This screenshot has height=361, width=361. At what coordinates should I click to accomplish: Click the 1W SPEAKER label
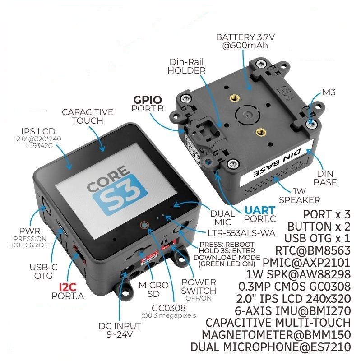(x=299, y=195)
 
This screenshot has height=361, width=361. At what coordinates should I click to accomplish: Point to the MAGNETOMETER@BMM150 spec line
(x=276, y=335)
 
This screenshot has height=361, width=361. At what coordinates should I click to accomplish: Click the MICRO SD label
(x=153, y=290)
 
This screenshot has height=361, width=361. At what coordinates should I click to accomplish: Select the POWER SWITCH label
(x=199, y=286)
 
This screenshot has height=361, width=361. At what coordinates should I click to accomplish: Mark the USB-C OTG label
(x=41, y=271)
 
